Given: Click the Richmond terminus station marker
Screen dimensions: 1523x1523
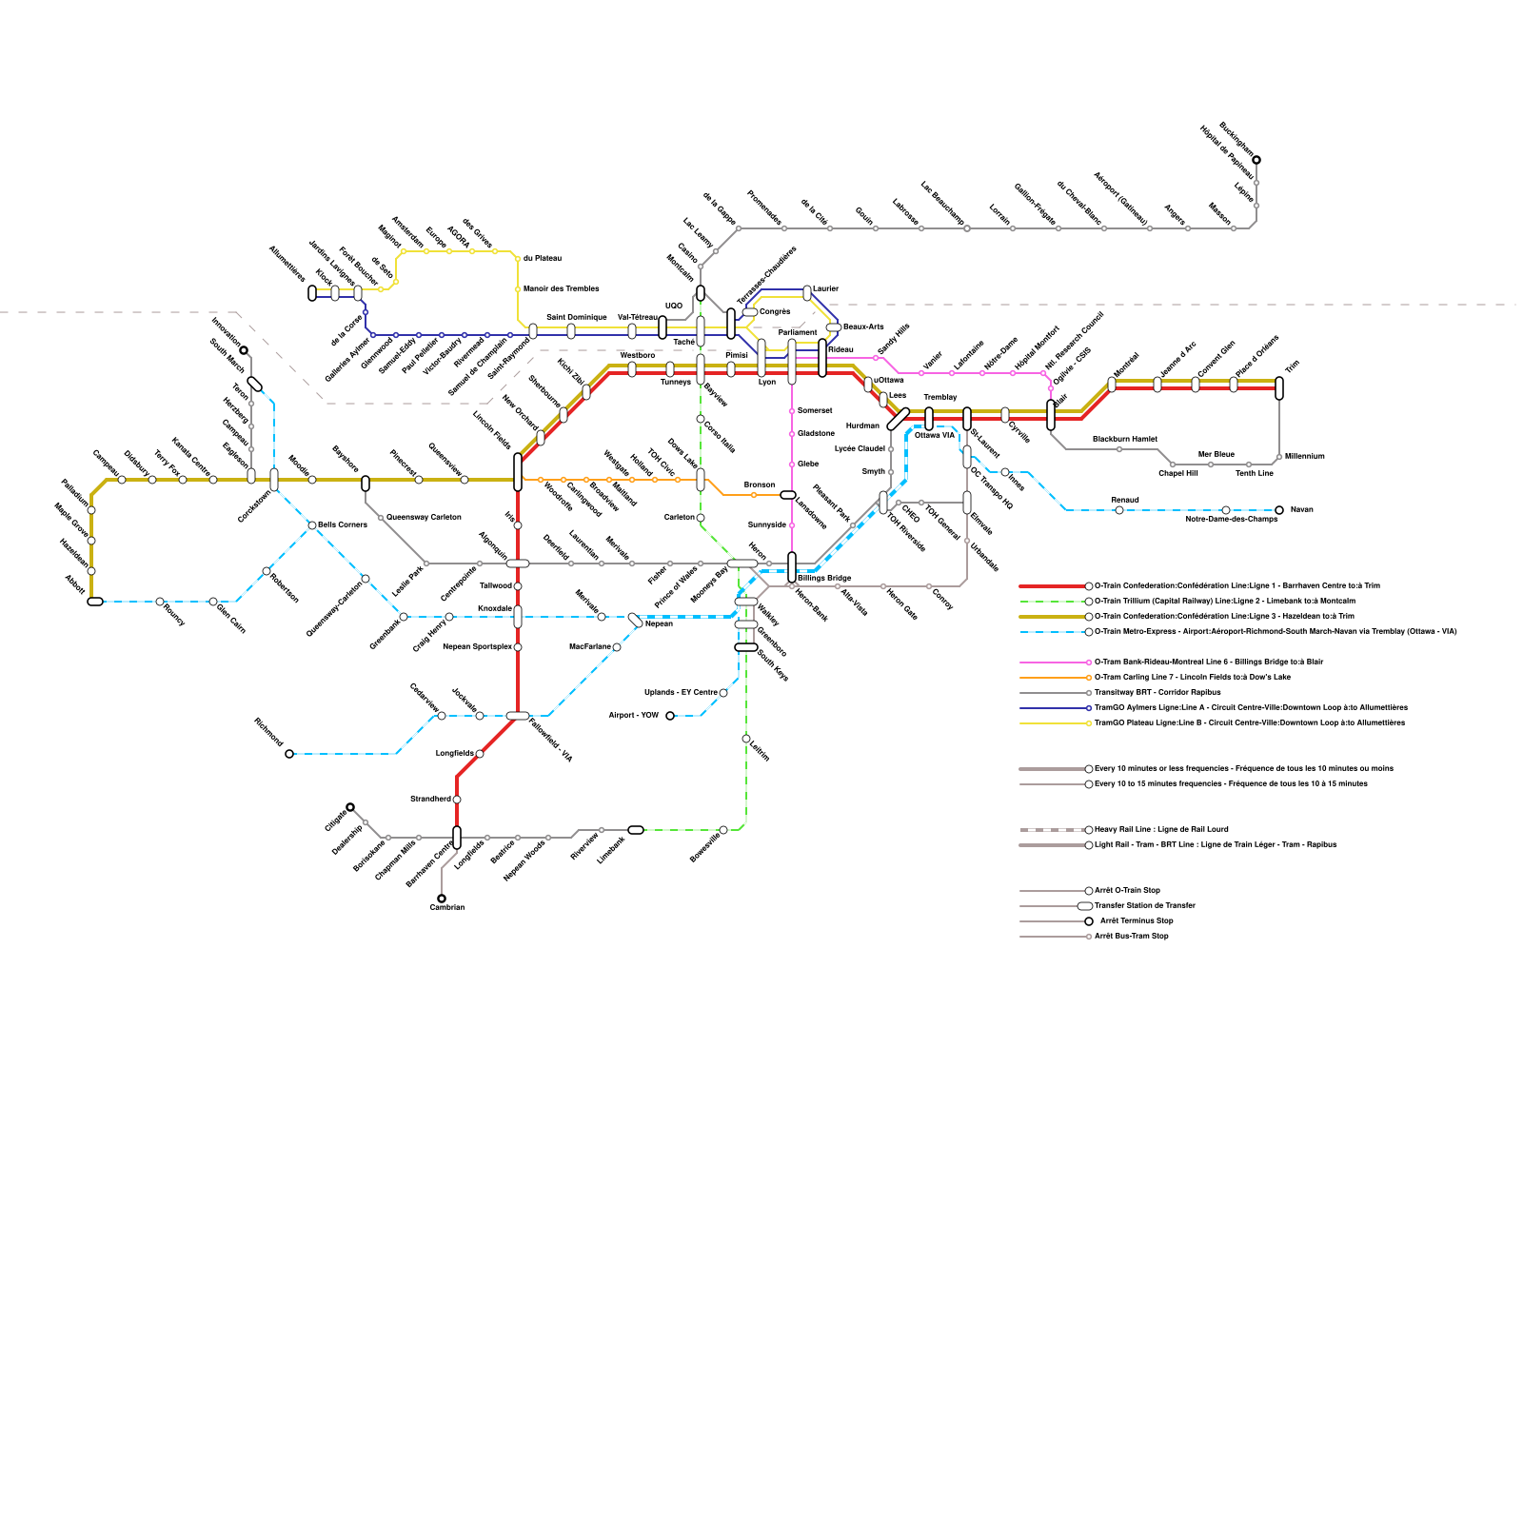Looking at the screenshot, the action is pos(289,754).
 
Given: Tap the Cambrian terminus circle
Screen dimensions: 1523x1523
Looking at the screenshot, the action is pos(442,898).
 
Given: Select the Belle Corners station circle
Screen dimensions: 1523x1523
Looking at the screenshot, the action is pos(312,525).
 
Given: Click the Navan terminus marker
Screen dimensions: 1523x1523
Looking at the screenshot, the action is pos(1279,510).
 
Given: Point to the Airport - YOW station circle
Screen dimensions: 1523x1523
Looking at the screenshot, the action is pos(670,716).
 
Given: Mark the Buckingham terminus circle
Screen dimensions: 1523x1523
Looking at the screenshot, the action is pos(1256,160).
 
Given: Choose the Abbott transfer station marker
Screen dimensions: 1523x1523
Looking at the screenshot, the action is pos(95,602).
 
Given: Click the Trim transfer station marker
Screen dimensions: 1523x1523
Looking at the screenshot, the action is pos(1279,388).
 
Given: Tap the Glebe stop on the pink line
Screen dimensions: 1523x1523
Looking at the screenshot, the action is pos(792,465).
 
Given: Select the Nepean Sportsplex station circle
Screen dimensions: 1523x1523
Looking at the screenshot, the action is pos(518,647).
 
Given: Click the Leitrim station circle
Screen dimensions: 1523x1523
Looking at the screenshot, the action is pos(746,739).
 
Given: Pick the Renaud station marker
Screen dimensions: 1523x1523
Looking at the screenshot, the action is pos(1119,510).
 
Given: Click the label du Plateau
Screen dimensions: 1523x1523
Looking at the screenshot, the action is pos(543,259).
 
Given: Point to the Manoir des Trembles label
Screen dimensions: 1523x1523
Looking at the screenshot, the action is pos(562,288).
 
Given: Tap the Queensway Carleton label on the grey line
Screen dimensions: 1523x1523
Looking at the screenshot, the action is pos(424,517).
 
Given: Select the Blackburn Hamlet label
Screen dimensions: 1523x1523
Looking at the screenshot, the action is pos(1124,439).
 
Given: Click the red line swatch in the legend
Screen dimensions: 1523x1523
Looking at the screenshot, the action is pos(1051,586).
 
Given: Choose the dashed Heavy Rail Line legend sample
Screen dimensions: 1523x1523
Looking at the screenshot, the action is pos(1051,830).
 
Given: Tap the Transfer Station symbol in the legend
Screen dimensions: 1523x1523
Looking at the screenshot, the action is pos(1085,906).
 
